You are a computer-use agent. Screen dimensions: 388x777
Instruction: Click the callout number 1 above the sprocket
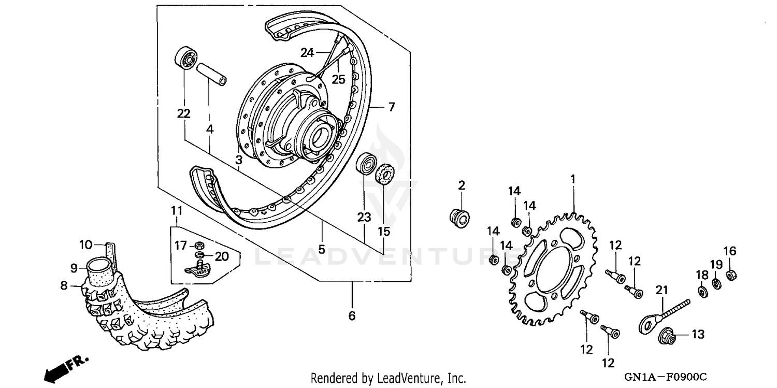coord(573,179)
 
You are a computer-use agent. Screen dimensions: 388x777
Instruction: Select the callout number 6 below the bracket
coord(352,315)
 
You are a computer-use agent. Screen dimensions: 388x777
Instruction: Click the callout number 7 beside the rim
coord(391,107)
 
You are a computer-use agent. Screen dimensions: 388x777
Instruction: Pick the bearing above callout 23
coord(367,164)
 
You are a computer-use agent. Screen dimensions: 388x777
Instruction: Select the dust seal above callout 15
coord(384,173)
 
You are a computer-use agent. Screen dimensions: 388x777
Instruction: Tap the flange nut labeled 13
coord(668,337)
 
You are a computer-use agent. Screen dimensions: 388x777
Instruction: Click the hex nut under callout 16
coord(731,275)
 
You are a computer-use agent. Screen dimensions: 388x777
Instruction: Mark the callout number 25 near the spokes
coord(338,79)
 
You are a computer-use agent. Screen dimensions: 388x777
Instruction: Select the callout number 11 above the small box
coord(177,211)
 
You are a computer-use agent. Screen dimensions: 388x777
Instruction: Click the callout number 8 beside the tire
coord(64,285)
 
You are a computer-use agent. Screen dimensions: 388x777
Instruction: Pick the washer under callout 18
coord(702,292)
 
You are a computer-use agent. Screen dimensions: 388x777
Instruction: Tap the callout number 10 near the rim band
coord(85,244)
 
